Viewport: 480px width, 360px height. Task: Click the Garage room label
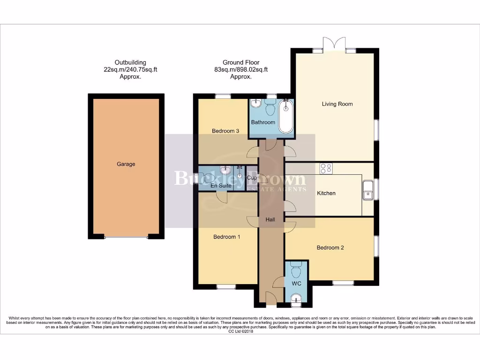pos(126,164)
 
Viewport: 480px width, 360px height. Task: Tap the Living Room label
pos(337,104)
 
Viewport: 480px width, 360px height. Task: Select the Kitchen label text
pos(326,193)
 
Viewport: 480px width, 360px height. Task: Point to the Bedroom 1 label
pos(227,237)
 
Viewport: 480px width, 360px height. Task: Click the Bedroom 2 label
pos(330,247)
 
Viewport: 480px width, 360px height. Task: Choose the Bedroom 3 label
pos(226,131)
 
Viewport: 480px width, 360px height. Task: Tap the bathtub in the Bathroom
pos(285,116)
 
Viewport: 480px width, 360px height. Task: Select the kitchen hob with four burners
pos(326,168)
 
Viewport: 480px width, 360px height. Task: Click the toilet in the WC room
pos(296,270)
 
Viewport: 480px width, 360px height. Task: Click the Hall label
pos(270,219)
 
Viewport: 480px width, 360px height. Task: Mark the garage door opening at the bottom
pos(126,237)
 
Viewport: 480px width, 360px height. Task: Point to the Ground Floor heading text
pos(241,62)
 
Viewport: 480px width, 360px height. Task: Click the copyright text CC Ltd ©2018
pos(240,331)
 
